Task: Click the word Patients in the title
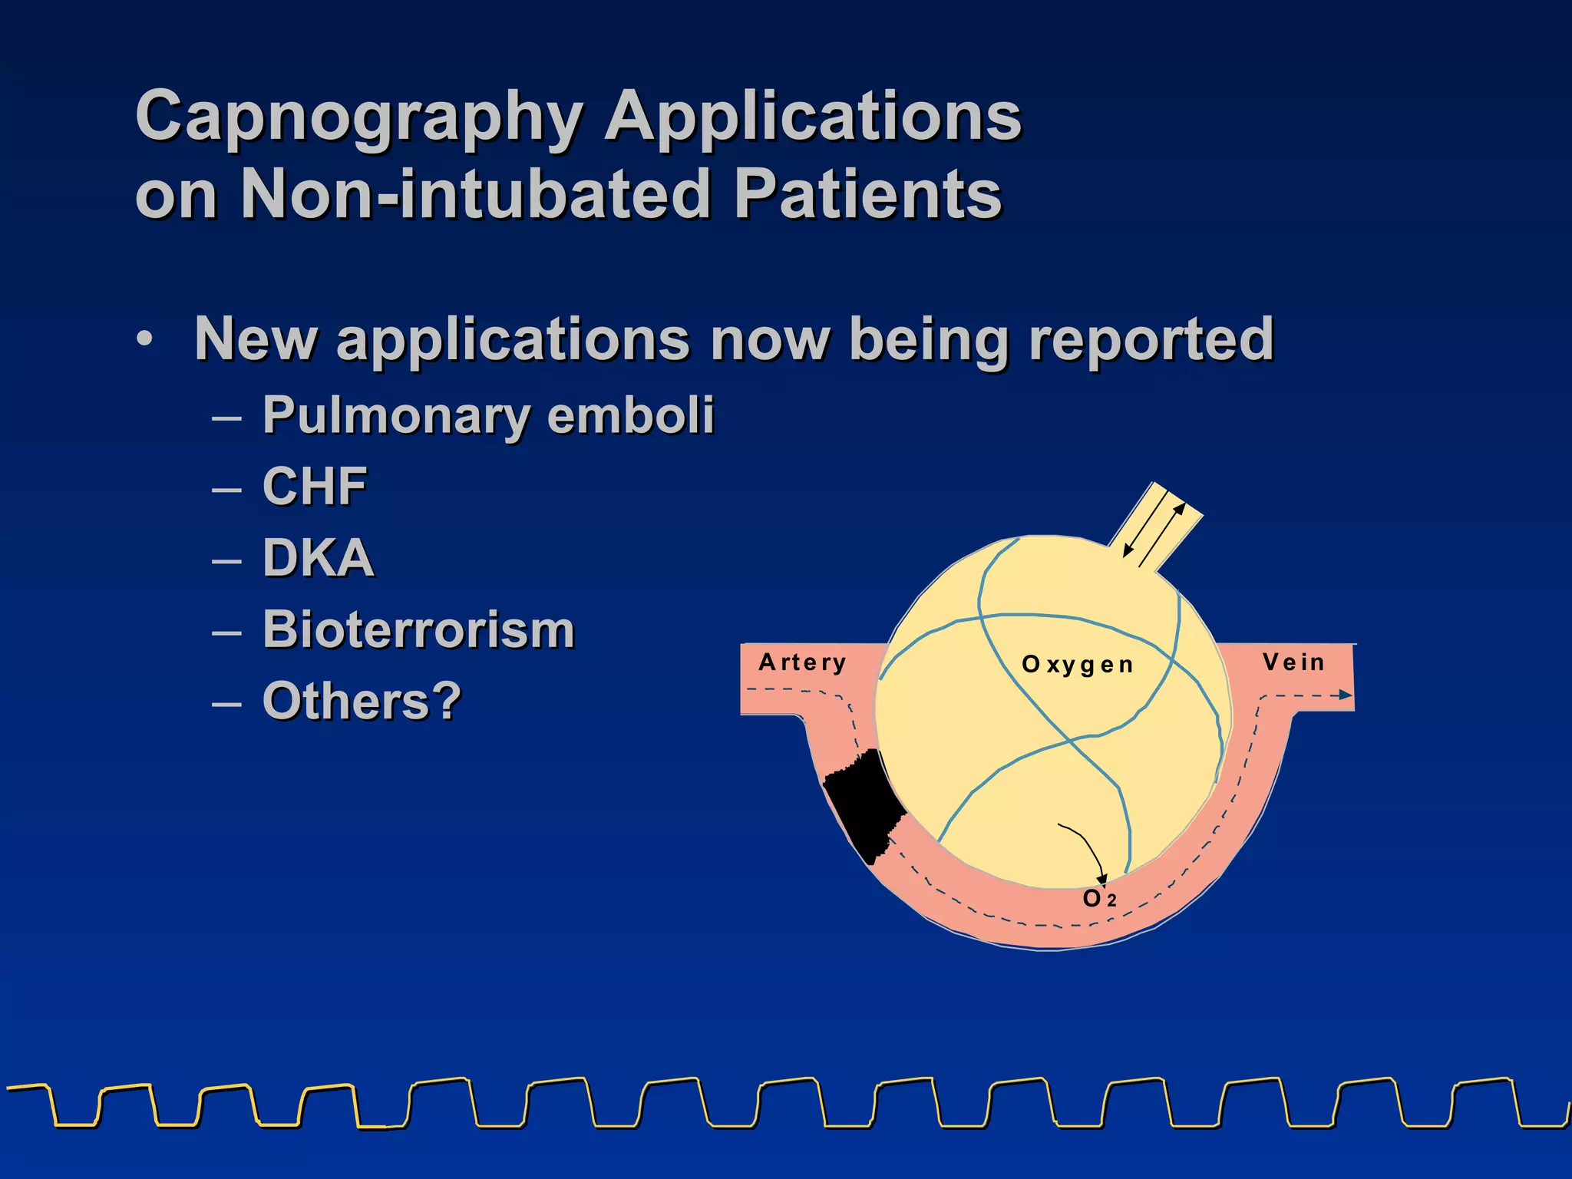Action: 867,194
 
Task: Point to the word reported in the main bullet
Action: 1151,339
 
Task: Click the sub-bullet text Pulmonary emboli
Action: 488,415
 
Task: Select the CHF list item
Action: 315,487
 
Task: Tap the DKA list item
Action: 318,558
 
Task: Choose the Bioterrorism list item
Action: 418,629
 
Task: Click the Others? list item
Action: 362,701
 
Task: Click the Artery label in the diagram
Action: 802,662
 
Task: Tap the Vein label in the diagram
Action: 1293,662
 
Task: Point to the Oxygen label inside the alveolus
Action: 1078,665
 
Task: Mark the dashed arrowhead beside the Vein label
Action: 1345,695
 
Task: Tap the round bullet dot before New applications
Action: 145,339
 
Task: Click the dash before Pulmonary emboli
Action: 227,419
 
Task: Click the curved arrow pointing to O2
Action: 1085,848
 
